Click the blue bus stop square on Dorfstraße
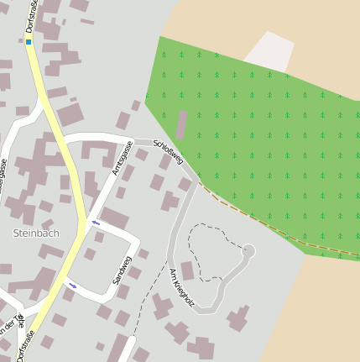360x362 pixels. (x=28, y=41)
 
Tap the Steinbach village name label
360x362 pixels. (x=36, y=233)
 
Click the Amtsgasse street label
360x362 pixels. (x=123, y=158)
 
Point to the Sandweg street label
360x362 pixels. (x=123, y=270)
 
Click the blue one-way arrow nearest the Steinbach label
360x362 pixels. (x=96, y=223)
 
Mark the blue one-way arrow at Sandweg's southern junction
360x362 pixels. (x=73, y=286)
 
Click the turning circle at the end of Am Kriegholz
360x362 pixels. (x=248, y=250)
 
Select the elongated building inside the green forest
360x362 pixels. (x=181, y=125)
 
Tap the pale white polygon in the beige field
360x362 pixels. (x=269, y=51)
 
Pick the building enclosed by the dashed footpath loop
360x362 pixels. (x=188, y=270)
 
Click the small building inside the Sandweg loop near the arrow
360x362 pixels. (x=99, y=237)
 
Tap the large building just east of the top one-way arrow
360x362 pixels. (x=116, y=218)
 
